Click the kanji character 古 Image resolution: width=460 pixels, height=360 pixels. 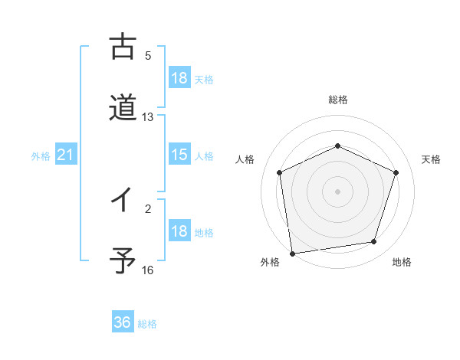[123, 47]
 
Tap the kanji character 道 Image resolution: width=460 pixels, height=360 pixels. [123, 108]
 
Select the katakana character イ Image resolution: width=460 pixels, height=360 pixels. [123, 201]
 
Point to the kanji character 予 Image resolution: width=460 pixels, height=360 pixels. [123, 262]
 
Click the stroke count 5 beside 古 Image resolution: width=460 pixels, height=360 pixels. [148, 56]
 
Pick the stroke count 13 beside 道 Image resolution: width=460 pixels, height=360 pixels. [148, 117]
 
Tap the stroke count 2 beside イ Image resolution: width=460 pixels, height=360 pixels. [148, 208]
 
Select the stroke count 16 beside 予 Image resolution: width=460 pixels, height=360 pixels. [148, 270]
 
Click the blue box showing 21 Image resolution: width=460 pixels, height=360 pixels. [65, 155]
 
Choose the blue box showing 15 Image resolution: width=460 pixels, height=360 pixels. [179, 155]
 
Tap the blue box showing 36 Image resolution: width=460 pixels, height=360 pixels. [123, 322]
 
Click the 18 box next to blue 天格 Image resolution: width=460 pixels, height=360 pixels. [179, 78]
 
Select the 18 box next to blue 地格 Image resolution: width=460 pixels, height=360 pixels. [179, 232]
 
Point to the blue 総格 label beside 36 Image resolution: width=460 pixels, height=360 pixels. [147, 324]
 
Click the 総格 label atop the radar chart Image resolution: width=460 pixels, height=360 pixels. [337, 100]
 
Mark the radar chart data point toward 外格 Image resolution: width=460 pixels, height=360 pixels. [292, 253]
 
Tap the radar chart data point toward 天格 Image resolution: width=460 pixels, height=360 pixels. [396, 172]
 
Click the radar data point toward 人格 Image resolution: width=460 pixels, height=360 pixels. [280, 172]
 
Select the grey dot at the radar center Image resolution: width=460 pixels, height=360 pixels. [337, 191]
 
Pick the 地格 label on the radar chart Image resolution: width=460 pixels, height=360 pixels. [402, 263]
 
